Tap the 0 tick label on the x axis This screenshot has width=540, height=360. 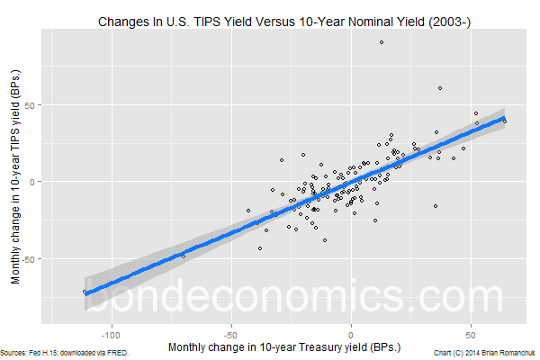pyautogui.click(x=351, y=330)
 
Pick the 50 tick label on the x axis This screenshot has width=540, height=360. pyautogui.click(x=471, y=330)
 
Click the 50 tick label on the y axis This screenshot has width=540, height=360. pyautogui.click(x=33, y=105)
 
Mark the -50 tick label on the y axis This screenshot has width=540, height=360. pyautogui.click(x=31, y=259)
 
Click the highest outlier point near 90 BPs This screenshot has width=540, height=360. pyautogui.click(x=382, y=42)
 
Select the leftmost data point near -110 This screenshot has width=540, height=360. pyautogui.click(x=85, y=292)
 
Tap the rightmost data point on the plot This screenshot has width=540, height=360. pyautogui.click(x=505, y=121)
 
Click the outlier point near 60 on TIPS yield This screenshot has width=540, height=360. pyautogui.click(x=439, y=88)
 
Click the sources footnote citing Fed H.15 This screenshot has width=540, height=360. pyautogui.click(x=65, y=353)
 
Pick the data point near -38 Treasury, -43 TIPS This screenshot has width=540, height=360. pyautogui.click(x=260, y=248)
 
